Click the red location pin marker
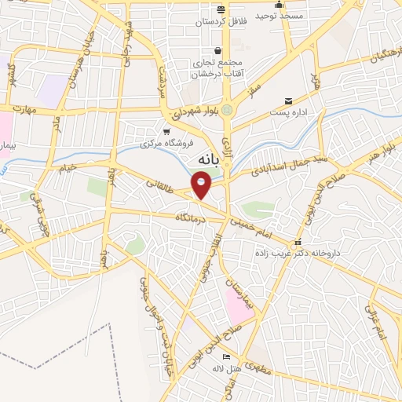coord(202,185)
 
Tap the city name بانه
coord(201,160)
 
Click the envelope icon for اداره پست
coord(290,101)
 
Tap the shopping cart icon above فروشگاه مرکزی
coord(166,131)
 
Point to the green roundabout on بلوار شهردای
coord(228,110)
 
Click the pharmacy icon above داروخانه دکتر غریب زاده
coord(296,243)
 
